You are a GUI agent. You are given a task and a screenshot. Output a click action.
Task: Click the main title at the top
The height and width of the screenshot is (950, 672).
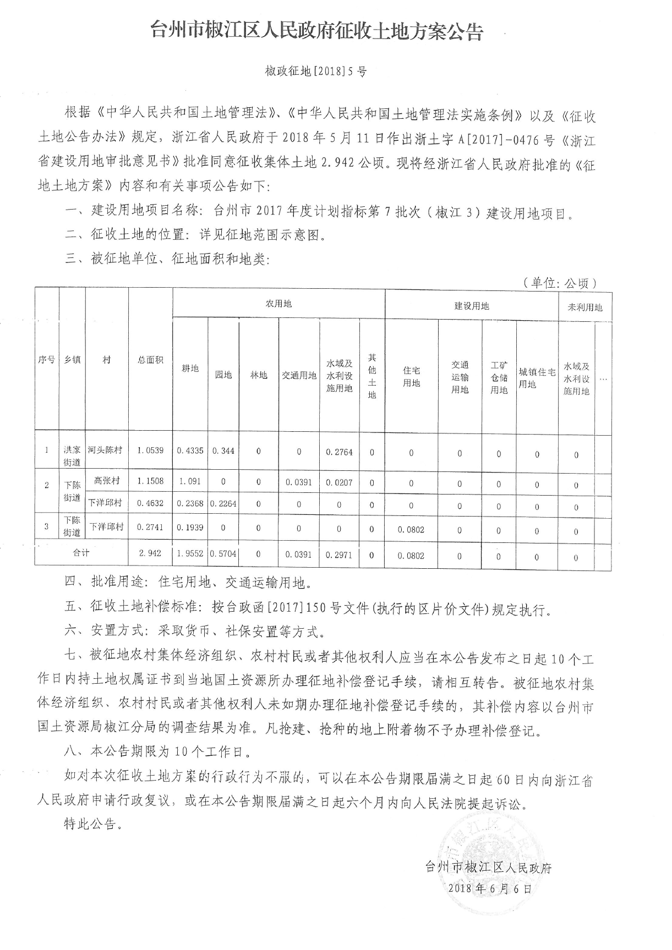tap(317, 32)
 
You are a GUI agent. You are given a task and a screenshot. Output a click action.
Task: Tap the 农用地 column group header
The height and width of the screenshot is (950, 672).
tap(278, 304)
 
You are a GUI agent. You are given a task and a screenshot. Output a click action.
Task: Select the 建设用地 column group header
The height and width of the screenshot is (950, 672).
tap(471, 306)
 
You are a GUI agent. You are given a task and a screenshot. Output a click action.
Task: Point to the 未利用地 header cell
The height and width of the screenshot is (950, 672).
tap(584, 307)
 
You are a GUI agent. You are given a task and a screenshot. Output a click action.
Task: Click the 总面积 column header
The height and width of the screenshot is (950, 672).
tap(150, 360)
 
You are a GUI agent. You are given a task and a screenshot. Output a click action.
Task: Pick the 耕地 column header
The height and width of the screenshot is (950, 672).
tap(190, 368)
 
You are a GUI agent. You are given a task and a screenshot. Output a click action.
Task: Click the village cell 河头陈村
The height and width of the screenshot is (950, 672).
tap(106, 449)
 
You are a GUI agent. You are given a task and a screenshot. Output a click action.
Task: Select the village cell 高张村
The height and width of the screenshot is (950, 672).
tap(107, 480)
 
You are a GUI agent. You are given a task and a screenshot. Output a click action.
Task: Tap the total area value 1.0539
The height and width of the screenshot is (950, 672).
tap(150, 450)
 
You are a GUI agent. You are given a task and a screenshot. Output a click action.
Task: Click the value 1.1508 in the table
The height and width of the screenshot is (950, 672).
tap(150, 481)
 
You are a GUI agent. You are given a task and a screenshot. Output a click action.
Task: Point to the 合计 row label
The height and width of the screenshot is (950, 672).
tap(81, 552)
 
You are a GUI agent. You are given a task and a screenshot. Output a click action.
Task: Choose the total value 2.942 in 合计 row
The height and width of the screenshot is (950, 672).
tap(150, 553)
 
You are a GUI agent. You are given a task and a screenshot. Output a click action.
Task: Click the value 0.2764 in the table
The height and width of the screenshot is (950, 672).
tap(339, 452)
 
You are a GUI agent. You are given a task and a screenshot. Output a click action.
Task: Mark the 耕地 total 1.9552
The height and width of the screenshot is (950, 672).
tap(190, 554)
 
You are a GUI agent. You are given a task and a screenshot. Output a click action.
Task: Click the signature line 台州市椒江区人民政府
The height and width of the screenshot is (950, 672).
tap(488, 867)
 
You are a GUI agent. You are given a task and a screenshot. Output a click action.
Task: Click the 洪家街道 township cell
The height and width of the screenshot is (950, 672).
tap(72, 456)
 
